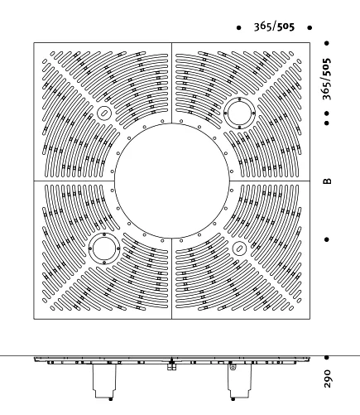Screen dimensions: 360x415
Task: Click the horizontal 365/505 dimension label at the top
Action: [x=274, y=27]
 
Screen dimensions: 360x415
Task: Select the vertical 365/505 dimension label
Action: [x=327, y=79]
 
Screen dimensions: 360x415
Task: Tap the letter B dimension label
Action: [x=327, y=181]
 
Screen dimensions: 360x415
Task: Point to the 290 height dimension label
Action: [x=327, y=379]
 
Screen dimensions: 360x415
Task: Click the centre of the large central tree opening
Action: [x=171, y=181]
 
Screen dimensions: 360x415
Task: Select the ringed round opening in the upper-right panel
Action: [x=239, y=113]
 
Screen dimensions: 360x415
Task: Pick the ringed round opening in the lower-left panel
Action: [x=104, y=249]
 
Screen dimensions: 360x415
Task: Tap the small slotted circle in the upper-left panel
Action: [x=104, y=113]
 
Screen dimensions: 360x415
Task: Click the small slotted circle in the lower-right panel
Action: [x=239, y=249]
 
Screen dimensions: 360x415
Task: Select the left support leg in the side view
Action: [x=104, y=381]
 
